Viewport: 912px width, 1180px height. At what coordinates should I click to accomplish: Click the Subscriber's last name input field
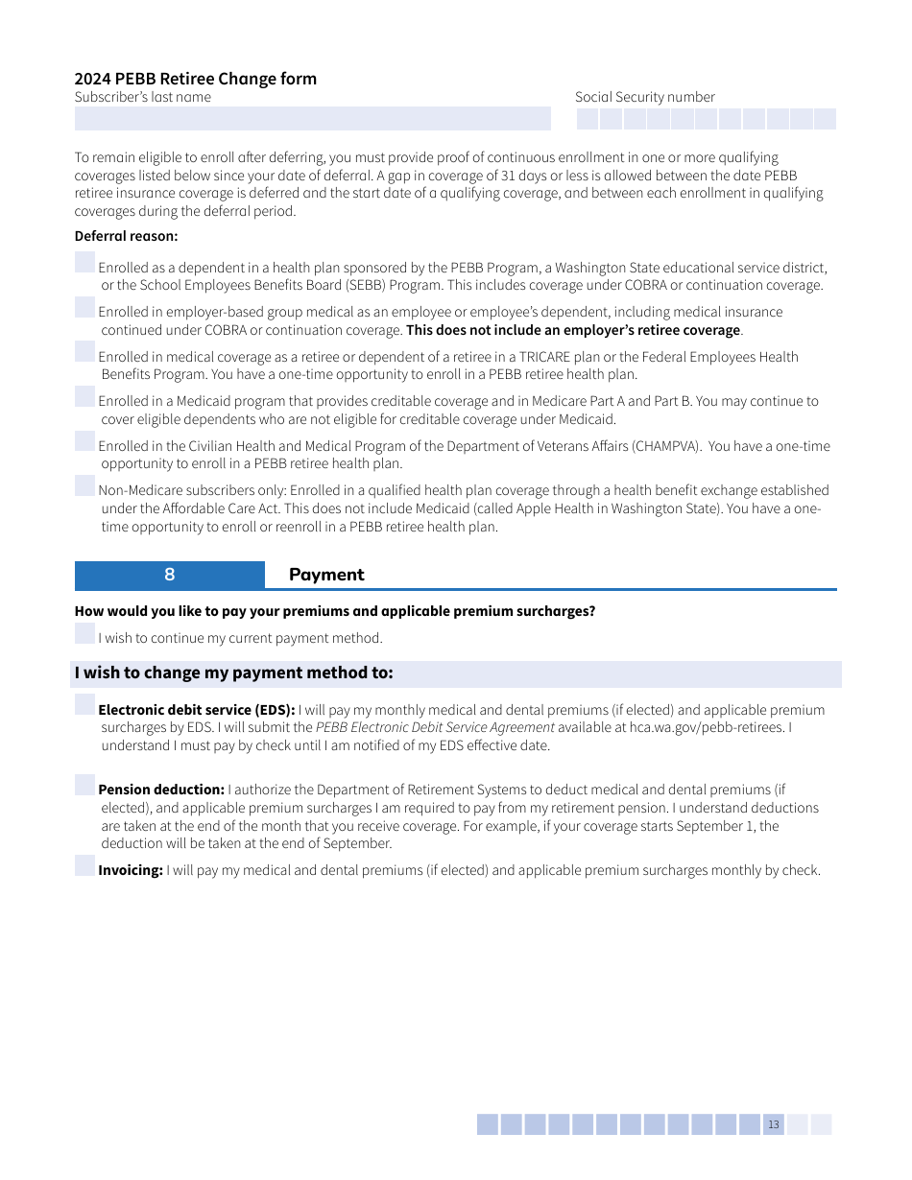pos(312,119)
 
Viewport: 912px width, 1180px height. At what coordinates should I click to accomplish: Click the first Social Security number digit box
pos(587,119)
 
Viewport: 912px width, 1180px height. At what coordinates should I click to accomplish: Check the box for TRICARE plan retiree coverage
pos(85,352)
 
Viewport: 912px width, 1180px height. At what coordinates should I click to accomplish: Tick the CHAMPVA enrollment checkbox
pos(85,441)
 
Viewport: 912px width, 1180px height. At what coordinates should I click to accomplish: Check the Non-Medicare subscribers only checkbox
pos(85,485)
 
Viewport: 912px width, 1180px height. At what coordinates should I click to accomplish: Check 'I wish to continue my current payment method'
pos(85,633)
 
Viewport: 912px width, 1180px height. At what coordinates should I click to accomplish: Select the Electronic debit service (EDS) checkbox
pos(85,705)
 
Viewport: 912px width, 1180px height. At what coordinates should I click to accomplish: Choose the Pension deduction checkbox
pos(85,785)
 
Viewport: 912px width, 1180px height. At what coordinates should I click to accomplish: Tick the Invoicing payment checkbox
pos(85,865)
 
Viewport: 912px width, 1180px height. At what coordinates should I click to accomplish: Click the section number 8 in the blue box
pos(170,575)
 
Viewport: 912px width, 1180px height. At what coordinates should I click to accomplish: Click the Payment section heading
pos(326,575)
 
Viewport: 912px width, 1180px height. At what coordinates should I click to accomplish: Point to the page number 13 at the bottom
pos(774,1124)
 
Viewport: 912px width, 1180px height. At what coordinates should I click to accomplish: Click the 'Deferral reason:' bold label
pos(126,236)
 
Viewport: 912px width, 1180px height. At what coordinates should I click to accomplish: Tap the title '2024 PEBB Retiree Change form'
pos(195,79)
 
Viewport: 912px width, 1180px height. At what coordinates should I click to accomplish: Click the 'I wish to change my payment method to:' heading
pos(233,673)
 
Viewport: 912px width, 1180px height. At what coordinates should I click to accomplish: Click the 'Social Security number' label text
pos(644,97)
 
